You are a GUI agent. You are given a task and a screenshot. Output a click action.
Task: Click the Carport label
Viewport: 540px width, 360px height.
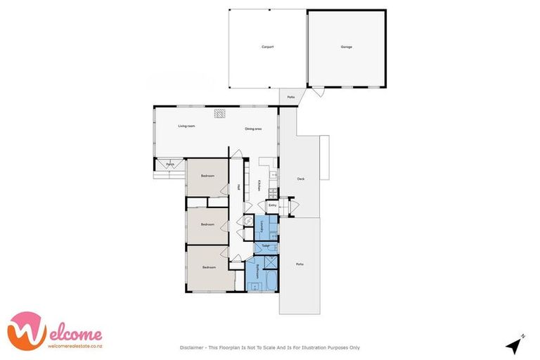267,47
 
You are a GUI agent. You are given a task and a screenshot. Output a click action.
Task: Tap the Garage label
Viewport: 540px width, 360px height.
347,47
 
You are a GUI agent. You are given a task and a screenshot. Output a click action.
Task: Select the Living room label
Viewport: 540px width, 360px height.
186,126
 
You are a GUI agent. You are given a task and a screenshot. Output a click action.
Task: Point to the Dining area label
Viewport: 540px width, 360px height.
254,129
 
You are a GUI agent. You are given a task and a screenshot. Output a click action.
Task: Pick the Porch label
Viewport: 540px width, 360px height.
170,165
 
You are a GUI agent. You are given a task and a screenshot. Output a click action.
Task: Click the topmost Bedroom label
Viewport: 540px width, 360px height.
207,176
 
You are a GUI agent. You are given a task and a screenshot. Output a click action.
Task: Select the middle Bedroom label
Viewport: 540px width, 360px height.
207,225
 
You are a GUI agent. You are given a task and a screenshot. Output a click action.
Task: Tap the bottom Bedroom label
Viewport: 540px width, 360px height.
210,268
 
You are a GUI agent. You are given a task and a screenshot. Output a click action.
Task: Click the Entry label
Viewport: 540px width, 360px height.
272,205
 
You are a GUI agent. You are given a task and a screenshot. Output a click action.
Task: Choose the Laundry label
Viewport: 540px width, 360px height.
263,226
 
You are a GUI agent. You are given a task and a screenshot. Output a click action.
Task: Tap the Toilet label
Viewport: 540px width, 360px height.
266,246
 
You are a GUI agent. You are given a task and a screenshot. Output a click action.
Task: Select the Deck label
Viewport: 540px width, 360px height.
301,179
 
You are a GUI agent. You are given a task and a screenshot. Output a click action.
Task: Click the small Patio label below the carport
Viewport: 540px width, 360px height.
290,97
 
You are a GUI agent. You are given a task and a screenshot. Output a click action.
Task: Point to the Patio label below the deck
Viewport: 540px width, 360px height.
300,264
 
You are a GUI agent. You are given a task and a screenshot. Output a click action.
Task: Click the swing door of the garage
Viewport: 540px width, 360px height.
319,92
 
